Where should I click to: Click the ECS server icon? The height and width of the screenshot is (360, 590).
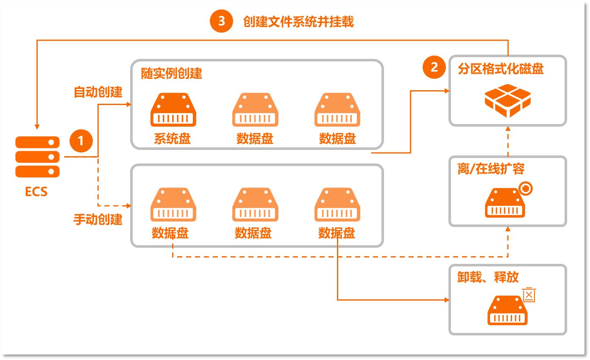pyautogui.click(x=37, y=157)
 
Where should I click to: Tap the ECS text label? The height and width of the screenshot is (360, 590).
pyautogui.click(x=36, y=191)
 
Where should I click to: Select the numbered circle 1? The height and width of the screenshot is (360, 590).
pyautogui.click(x=81, y=140)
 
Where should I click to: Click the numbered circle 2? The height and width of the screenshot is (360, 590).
pyautogui.click(x=434, y=67)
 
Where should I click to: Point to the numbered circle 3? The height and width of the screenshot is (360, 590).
pyautogui.click(x=221, y=21)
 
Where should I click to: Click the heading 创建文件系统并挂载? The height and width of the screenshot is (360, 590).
pyautogui.click(x=298, y=22)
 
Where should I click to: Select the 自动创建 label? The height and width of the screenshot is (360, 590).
pyautogui.click(x=98, y=92)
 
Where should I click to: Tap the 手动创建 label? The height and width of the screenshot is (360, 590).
pyautogui.click(x=98, y=219)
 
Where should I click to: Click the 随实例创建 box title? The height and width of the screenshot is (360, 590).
pyautogui.click(x=172, y=73)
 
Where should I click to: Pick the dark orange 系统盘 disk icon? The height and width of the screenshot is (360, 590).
pyautogui.click(x=173, y=110)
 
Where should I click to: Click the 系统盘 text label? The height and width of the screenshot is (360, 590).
pyautogui.click(x=172, y=138)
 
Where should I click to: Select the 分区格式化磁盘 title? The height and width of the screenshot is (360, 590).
pyautogui.click(x=501, y=69)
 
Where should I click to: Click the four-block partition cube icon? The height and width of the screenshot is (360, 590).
pyautogui.click(x=507, y=101)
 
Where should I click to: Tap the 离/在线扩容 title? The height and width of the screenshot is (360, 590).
pyautogui.click(x=491, y=169)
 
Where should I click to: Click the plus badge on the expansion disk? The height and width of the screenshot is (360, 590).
pyautogui.click(x=526, y=189)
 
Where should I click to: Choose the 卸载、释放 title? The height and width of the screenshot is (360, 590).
pyautogui.click(x=488, y=277)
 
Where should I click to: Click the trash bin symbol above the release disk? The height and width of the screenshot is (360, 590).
pyautogui.click(x=529, y=295)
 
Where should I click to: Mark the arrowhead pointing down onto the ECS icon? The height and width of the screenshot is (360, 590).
pyautogui.click(x=37, y=126)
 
